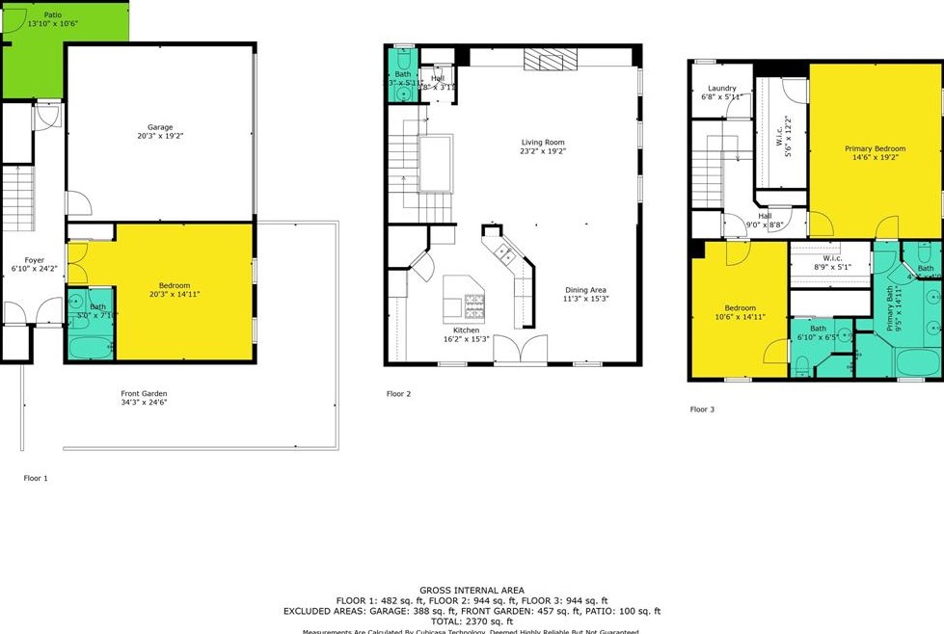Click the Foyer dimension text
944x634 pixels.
coord(35,268)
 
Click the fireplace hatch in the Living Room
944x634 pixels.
coord(550,61)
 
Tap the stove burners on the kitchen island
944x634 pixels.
coord(475,307)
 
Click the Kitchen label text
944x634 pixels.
coord(466,330)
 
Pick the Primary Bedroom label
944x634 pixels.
coord(875,148)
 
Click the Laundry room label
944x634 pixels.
coord(721,89)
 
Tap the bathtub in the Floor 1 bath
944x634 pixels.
coord(92,345)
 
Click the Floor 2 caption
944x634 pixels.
coord(399,393)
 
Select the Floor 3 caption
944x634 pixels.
coord(703,409)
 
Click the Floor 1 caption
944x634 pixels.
coord(36,477)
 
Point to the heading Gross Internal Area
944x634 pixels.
coord(472,590)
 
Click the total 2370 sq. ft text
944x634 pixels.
coord(472,621)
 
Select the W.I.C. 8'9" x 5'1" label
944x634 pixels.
coord(832,262)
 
